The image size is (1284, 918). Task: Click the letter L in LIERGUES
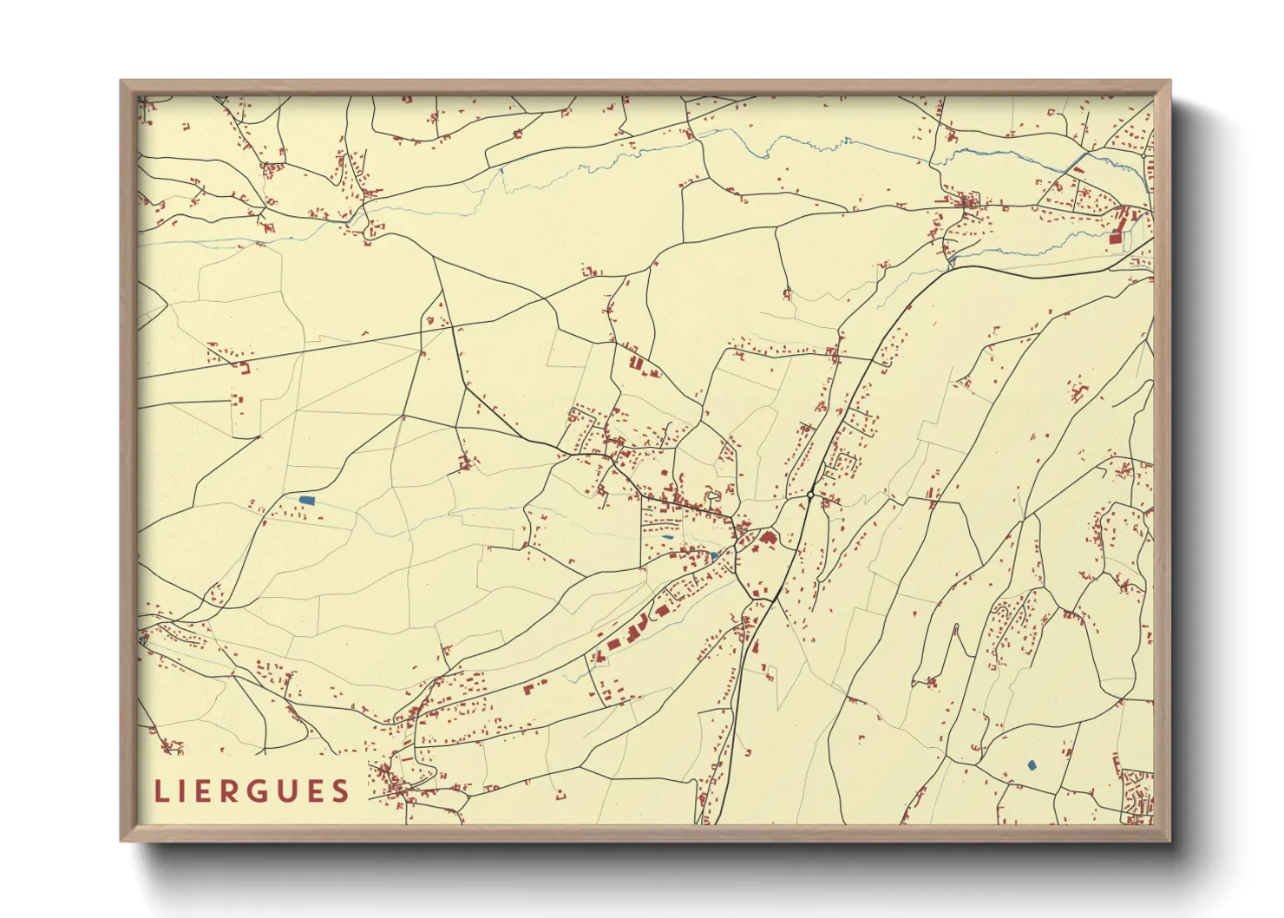coord(160,791)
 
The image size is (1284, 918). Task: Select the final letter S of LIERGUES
coord(340,791)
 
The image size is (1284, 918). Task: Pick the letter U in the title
coord(287,791)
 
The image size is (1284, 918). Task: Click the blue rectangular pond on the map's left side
coord(306,500)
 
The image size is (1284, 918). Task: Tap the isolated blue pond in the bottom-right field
coord(1032,765)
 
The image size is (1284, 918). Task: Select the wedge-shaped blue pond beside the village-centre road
coord(715,555)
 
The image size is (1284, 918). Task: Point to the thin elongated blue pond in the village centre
coord(666,537)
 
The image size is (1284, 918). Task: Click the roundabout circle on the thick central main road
coord(809,495)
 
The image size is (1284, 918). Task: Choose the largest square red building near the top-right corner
coord(1116,236)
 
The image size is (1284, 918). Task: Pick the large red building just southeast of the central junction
coord(768,539)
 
